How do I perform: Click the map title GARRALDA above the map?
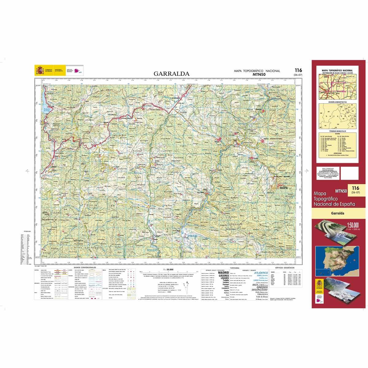[171, 74]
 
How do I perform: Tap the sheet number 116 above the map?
[298, 71]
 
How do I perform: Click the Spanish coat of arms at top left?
[40, 71]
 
